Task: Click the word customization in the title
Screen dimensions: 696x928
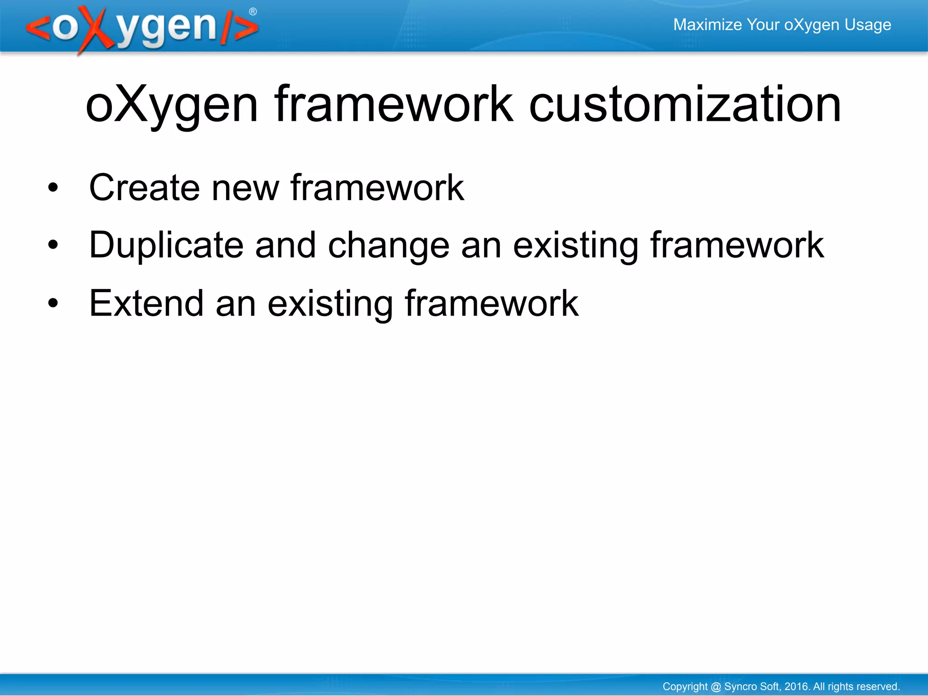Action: click(x=685, y=105)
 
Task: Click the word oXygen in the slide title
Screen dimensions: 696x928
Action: click(x=172, y=105)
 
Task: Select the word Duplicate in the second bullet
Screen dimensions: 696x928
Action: click(x=166, y=245)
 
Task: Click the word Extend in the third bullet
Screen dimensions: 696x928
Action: click(x=146, y=303)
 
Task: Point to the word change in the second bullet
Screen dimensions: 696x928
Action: click(x=388, y=245)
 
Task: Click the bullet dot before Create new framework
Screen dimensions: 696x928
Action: click(x=53, y=187)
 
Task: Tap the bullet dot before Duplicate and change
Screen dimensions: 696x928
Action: click(x=53, y=245)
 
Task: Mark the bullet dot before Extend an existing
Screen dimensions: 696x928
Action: click(x=53, y=303)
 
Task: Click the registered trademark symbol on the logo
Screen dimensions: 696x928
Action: click(x=253, y=12)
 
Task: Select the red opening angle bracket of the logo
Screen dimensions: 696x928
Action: click(x=38, y=28)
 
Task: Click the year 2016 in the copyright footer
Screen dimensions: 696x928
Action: click(x=796, y=686)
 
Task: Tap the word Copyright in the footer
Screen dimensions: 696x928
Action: click(x=685, y=686)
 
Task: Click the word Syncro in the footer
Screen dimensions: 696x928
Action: click(x=738, y=686)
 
